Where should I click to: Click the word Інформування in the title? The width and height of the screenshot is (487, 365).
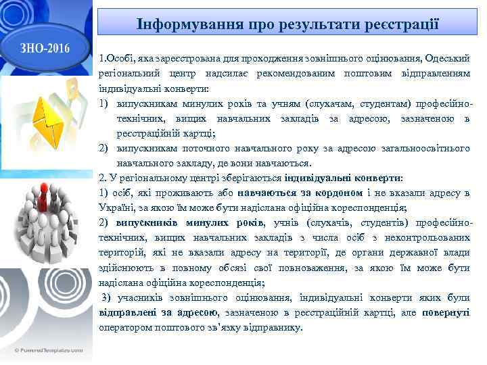(175, 24)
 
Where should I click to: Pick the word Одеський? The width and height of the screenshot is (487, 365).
(447, 59)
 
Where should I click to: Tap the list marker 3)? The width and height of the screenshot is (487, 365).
(106, 297)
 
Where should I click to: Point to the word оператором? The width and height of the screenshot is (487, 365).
(126, 327)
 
